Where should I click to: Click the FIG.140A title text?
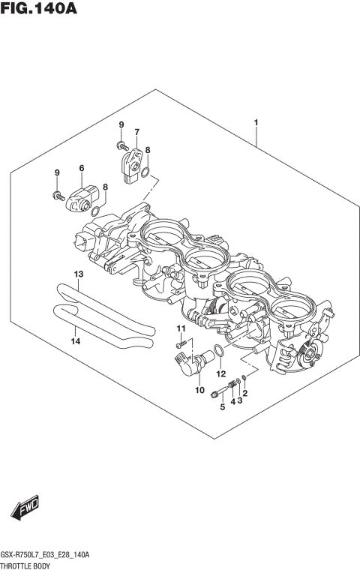(x=39, y=10)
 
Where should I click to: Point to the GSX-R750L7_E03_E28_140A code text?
(x=46, y=554)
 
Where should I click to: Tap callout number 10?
(x=199, y=390)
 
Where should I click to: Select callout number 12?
(x=220, y=373)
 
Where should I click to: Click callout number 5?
(x=222, y=407)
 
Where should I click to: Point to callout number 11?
(x=180, y=329)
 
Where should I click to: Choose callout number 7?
(x=137, y=133)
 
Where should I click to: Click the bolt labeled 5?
(x=218, y=390)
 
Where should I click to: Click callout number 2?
(x=244, y=394)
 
